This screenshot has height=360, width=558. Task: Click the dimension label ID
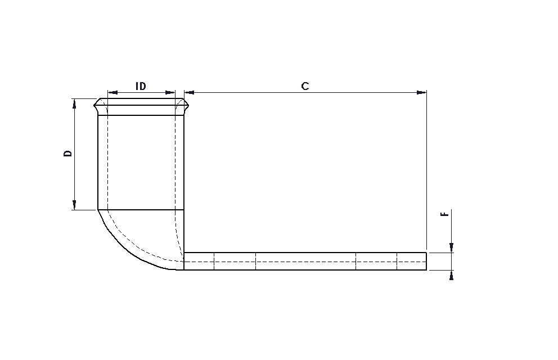tap(141, 86)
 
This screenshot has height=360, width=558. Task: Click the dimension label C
tap(305, 86)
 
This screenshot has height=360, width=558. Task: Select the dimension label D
tap(67, 154)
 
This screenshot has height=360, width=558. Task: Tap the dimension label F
tap(444, 214)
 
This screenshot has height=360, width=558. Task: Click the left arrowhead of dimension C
tap(189, 93)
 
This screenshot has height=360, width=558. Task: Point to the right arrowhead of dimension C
tap(422, 93)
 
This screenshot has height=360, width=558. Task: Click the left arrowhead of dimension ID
tap(112, 93)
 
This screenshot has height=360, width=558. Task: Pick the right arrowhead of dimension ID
tap(170, 93)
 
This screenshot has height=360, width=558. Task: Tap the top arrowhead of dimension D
tap(74, 103)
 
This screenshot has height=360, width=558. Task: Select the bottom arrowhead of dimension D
tap(74, 205)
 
